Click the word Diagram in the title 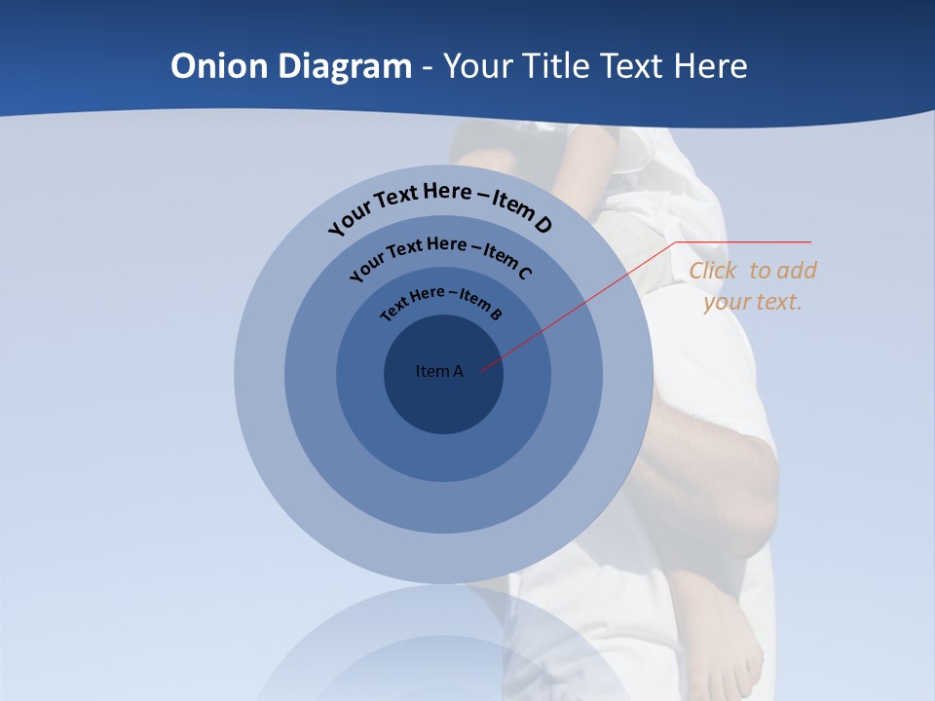(345, 66)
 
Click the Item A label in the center (439, 371)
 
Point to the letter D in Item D (542, 225)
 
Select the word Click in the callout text (715, 271)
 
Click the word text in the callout (779, 302)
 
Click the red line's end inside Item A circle (482, 370)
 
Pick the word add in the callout (798, 271)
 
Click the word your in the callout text (726, 302)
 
